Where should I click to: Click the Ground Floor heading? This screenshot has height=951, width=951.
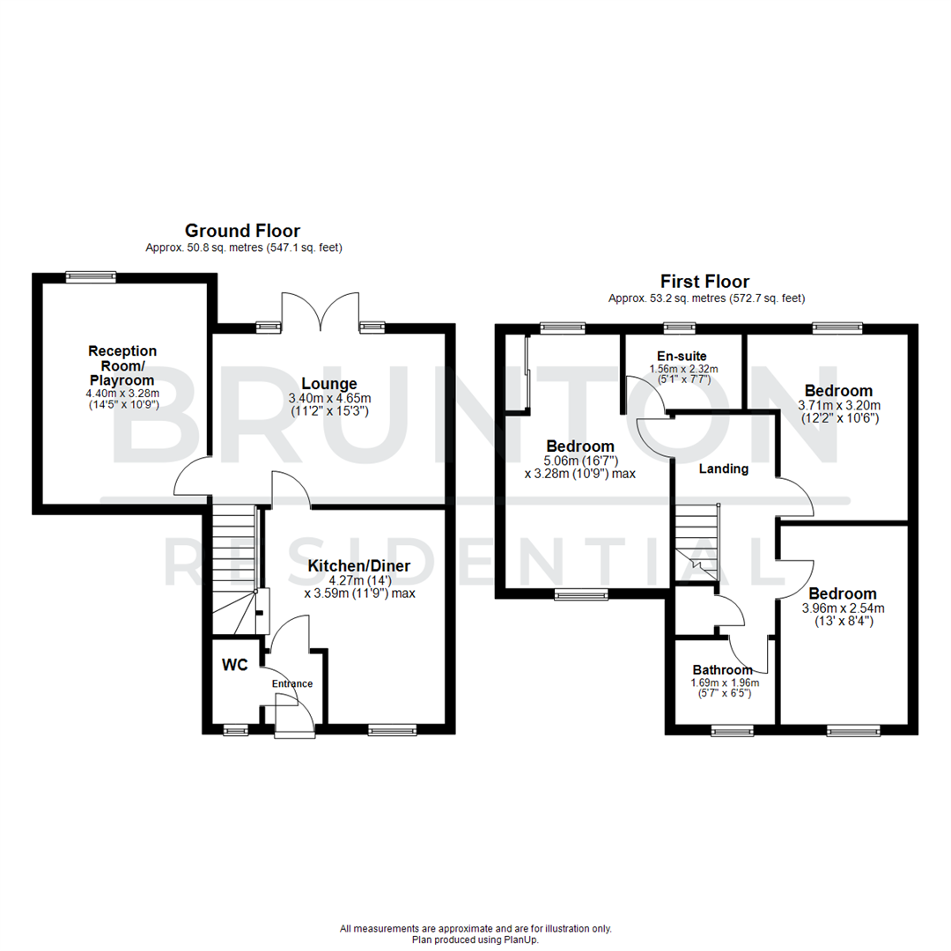point(243,231)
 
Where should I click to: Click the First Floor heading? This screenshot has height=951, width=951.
point(704,282)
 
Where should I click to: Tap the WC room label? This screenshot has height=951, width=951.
point(235,665)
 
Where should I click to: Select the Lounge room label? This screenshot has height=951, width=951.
point(329,383)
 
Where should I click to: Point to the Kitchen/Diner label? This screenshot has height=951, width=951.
point(359,566)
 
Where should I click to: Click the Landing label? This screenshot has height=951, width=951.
point(724,468)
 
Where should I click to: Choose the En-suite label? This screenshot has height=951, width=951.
point(682,356)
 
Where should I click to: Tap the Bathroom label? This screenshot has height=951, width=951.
point(723,669)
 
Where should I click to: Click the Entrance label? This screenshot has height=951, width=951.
point(292,683)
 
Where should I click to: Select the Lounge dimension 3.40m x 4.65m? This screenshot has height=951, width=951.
point(329,399)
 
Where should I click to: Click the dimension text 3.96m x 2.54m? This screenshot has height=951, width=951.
point(843,608)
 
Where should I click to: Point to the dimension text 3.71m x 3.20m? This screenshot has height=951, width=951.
point(839,406)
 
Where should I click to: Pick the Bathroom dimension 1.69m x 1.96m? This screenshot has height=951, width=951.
point(725,683)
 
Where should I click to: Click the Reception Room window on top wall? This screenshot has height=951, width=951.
point(91,277)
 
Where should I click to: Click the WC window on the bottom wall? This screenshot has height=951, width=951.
point(236,730)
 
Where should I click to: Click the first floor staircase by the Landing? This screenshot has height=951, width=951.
point(697,542)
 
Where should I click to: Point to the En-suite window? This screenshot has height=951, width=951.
point(680,328)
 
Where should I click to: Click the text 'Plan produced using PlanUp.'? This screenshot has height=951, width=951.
point(475,940)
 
